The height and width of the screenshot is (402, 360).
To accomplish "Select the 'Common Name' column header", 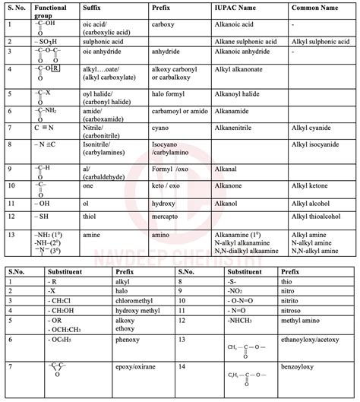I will click(313, 8).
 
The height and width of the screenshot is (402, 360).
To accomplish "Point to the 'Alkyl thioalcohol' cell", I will click(318, 215).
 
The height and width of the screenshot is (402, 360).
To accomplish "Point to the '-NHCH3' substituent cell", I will click(223, 321).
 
